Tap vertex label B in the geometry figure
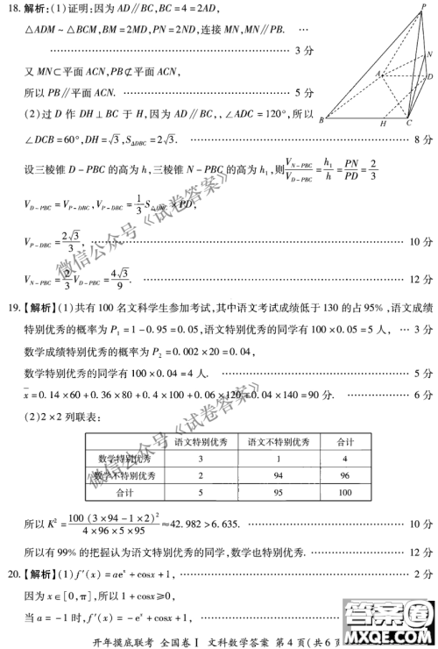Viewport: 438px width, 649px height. click(321, 119)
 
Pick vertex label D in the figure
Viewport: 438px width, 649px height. click(428, 77)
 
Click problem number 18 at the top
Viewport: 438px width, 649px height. click(12, 8)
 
